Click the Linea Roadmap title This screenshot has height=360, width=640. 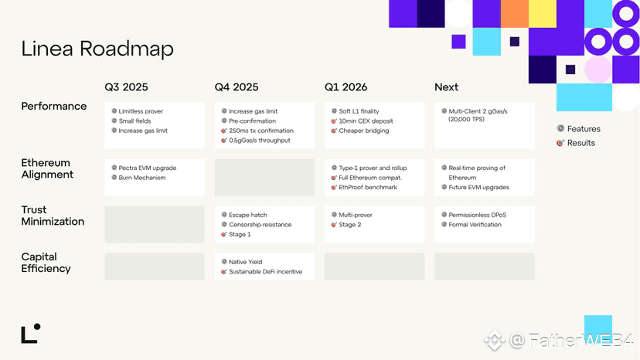coord(97,49)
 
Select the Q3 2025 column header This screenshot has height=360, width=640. coord(126,87)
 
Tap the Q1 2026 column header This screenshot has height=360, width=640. coord(346,87)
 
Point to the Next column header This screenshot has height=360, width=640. coord(446,87)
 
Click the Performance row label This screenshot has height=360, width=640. coord(54,106)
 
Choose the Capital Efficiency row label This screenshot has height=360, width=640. coord(46,263)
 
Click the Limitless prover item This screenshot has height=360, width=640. coord(137,111)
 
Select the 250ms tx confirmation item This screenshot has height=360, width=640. coord(257,131)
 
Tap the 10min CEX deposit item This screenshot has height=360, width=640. coord(362,121)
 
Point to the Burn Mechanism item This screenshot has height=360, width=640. coord(139,178)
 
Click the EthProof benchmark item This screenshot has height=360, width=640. coord(364,188)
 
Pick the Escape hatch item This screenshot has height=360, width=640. coord(244,215)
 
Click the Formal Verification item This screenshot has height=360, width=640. coord(471,225)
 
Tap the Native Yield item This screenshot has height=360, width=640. coord(242,262)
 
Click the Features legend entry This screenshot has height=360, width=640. coord(579,129)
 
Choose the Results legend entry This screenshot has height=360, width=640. coord(576,143)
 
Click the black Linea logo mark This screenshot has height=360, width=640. coord(31,334)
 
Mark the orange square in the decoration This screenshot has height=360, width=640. coord(514,14)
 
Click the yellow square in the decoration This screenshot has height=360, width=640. coord(543,14)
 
